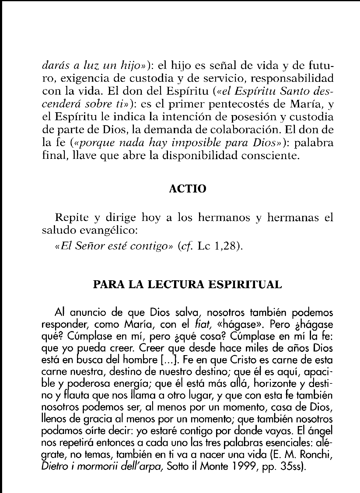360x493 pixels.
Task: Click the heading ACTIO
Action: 187,189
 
